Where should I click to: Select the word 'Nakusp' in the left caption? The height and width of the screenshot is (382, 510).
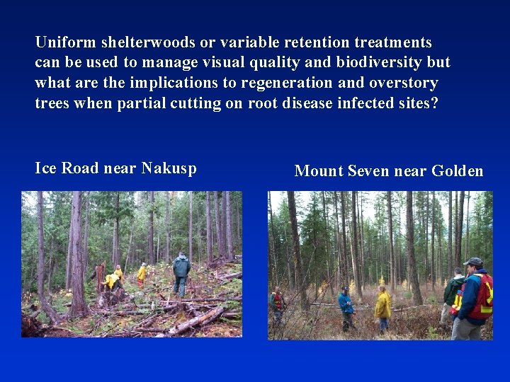(x=169, y=168)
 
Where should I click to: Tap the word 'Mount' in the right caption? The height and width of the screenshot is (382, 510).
(x=318, y=171)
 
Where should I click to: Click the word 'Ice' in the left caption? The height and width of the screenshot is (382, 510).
(x=46, y=168)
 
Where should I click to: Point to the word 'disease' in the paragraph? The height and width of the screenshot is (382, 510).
(x=317, y=103)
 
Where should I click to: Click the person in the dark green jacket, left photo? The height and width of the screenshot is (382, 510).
(x=181, y=273)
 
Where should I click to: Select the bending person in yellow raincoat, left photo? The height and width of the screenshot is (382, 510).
(x=111, y=280)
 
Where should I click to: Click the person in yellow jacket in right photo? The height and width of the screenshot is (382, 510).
(x=382, y=308)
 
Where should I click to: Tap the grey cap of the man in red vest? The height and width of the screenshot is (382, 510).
(x=473, y=262)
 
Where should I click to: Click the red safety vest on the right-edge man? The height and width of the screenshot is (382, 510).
(x=482, y=296)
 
